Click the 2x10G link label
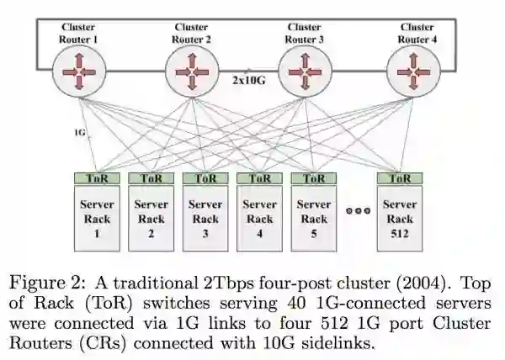click(249, 81)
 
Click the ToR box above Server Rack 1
click(97, 178)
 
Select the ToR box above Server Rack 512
click(400, 178)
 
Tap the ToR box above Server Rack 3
click(205, 178)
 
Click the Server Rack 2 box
click(151, 219)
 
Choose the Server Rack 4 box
click(259, 219)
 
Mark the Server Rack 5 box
click(314, 219)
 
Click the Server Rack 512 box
click(400, 219)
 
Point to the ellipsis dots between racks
click(359, 211)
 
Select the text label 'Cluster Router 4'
click(417, 33)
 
